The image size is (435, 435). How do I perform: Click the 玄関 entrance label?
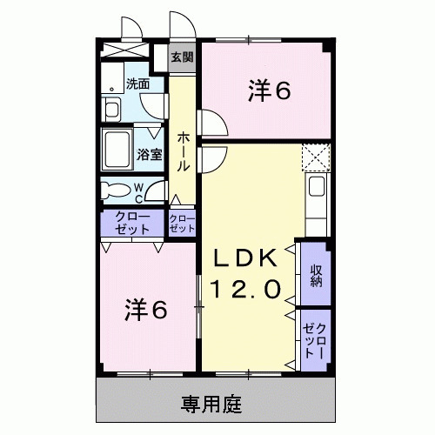pos(182,57)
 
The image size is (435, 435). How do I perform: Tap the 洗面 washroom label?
pos(137,84)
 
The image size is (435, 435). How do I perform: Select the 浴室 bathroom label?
pos(150,155)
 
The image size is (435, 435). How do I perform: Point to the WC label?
pos(139,190)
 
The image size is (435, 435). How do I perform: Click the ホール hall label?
pos(184,150)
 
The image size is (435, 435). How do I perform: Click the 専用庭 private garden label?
pos(211,404)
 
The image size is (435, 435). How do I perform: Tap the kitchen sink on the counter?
pos(316,187)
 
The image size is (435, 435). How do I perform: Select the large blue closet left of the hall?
pos(132,223)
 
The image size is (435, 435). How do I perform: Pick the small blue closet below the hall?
pos(182,223)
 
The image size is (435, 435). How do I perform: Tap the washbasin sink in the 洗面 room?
pos(112,110)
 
